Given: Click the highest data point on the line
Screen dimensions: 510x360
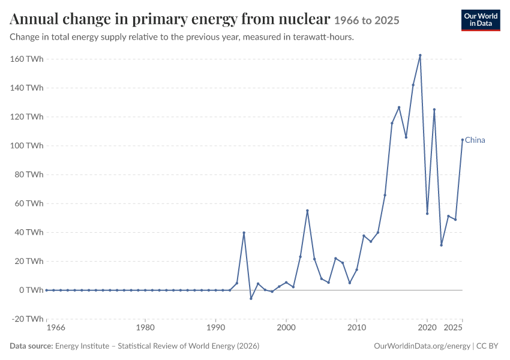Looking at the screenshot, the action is click(420, 55).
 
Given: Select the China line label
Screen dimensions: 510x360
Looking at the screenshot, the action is click(475, 140).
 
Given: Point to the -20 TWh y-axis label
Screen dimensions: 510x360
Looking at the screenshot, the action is click(28, 319).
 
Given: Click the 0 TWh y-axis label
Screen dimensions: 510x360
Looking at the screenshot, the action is click(31, 290).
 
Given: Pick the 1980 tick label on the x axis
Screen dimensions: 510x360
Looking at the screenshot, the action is click(145, 327).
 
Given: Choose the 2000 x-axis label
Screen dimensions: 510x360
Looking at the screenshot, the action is click(286, 327).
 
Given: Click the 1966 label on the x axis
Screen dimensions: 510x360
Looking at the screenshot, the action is click(56, 327).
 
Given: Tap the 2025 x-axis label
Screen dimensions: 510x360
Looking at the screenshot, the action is click(453, 327).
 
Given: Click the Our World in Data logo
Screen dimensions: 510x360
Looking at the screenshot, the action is click(481, 20).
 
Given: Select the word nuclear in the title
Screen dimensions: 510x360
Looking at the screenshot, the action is click(304, 19).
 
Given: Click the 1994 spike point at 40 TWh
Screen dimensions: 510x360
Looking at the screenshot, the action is click(244, 233).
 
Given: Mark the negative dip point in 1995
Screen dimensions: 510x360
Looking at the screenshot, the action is click(251, 299).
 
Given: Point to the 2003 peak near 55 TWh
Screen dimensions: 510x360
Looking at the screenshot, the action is click(307, 211).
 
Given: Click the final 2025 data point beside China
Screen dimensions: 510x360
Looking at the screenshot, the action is click(463, 140).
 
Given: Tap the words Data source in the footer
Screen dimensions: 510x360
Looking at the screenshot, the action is click(31, 346).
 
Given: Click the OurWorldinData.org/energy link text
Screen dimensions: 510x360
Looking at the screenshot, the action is click(422, 346).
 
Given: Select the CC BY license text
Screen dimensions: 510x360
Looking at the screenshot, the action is click(487, 346).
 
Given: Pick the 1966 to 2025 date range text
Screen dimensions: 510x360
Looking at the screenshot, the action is click(367, 20).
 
